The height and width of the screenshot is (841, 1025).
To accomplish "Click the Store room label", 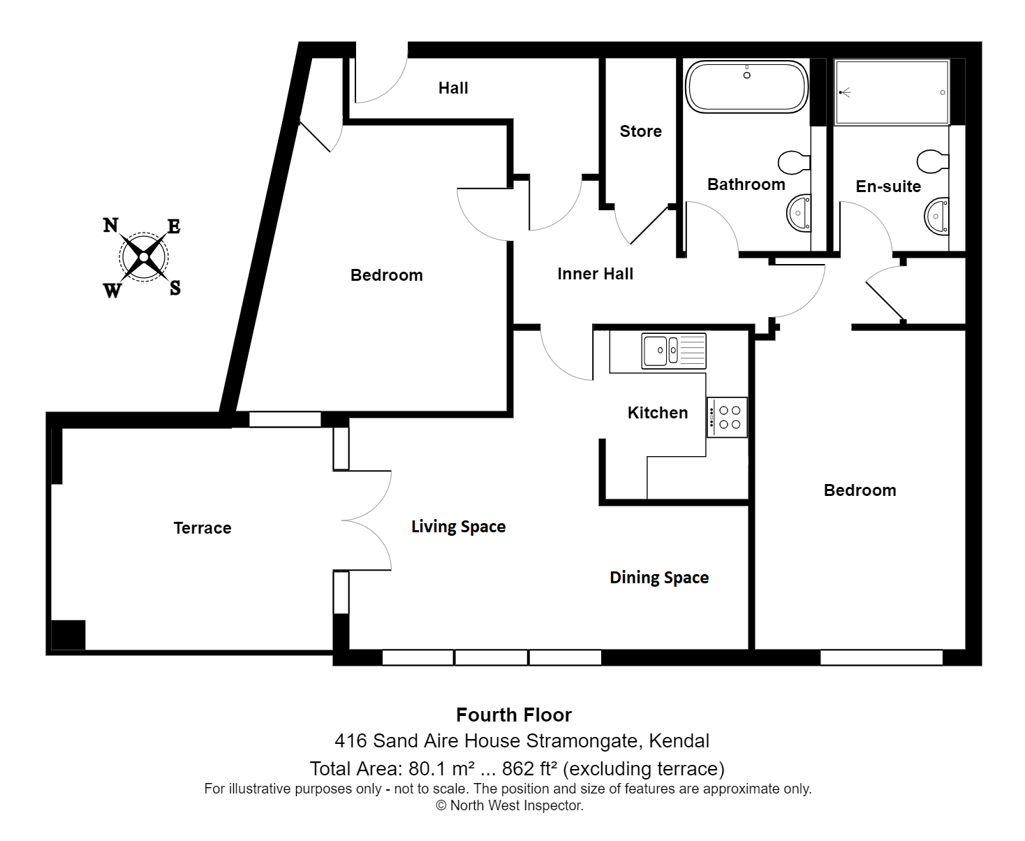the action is [640, 131].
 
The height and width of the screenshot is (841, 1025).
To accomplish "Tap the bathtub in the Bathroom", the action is [746, 87].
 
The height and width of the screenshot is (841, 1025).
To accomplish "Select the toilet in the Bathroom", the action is [794, 162].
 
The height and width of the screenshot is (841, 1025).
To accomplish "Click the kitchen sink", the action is [674, 351].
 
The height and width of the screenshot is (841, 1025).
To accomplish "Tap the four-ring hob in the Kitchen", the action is [727, 418].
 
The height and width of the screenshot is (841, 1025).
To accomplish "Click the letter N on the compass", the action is [111, 225].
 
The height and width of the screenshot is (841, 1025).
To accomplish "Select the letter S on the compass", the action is [175, 288].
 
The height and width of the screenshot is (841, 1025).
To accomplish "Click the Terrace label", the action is [202, 528].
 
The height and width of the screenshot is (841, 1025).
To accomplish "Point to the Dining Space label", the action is [659, 578].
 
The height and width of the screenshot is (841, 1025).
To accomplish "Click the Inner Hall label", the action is [595, 274].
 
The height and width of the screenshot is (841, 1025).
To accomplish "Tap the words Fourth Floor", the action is [514, 715].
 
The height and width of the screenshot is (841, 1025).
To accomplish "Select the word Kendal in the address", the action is [679, 741].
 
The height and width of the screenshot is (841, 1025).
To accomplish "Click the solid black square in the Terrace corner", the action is [68, 635].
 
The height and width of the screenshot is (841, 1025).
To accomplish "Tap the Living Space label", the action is [458, 527].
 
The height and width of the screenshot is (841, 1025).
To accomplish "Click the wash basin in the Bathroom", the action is [799, 213].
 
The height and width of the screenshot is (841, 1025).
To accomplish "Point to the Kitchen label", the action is [658, 413].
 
